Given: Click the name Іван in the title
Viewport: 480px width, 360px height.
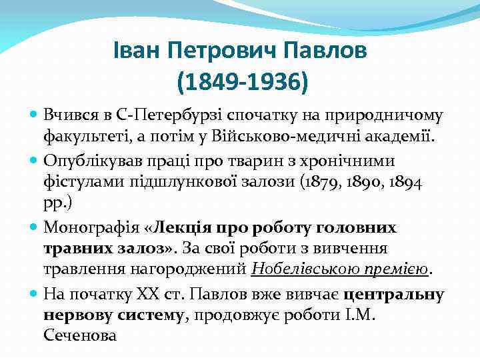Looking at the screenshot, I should pyautogui.click(x=134, y=51).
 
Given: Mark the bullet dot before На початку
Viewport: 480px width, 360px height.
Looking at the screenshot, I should pyautogui.click(x=34, y=294).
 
